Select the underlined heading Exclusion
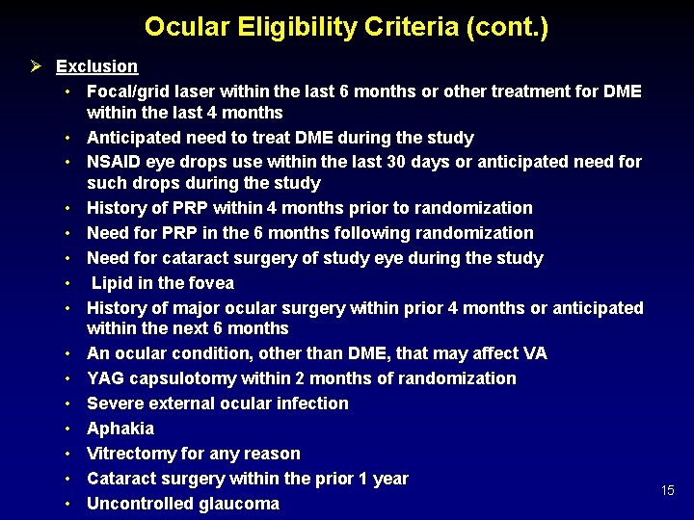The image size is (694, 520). [x=96, y=66]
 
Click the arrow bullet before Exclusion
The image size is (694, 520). [x=35, y=66]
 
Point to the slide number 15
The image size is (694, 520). [x=668, y=491]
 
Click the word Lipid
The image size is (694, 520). [x=114, y=283]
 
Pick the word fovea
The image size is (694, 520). [x=209, y=283]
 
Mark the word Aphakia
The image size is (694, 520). [x=120, y=429]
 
